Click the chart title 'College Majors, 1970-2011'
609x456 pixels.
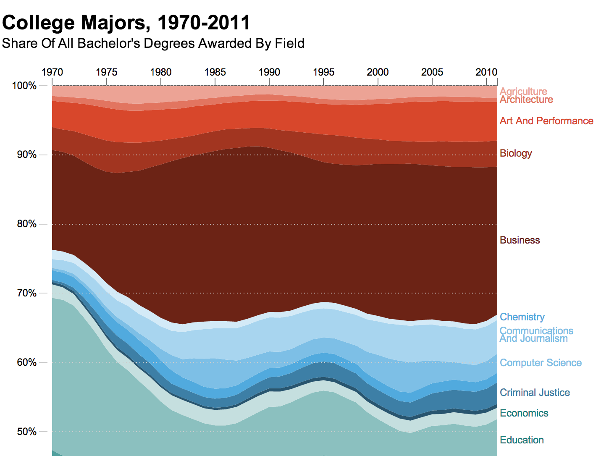click(x=126, y=23)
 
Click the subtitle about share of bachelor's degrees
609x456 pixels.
click(x=153, y=43)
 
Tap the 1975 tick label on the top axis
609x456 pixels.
click(x=106, y=72)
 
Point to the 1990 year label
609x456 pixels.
click(x=269, y=72)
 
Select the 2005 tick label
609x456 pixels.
click(x=432, y=72)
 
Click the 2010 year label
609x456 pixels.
click(x=486, y=72)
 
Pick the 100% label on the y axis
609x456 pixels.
click(x=24, y=86)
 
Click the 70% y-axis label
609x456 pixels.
click(x=27, y=293)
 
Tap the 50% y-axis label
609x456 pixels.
click(x=27, y=432)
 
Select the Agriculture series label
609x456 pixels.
click(x=523, y=91)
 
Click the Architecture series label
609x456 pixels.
click(x=526, y=100)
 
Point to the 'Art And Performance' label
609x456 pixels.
click(x=546, y=121)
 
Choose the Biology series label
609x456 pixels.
click(x=516, y=153)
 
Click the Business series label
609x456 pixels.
click(x=520, y=240)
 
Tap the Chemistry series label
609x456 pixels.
click(x=522, y=317)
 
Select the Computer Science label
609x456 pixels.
click(x=541, y=363)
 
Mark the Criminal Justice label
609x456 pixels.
click(x=535, y=393)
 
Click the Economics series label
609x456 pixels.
click(x=524, y=413)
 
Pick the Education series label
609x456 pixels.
click(x=522, y=440)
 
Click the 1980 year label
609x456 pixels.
click(x=161, y=72)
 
